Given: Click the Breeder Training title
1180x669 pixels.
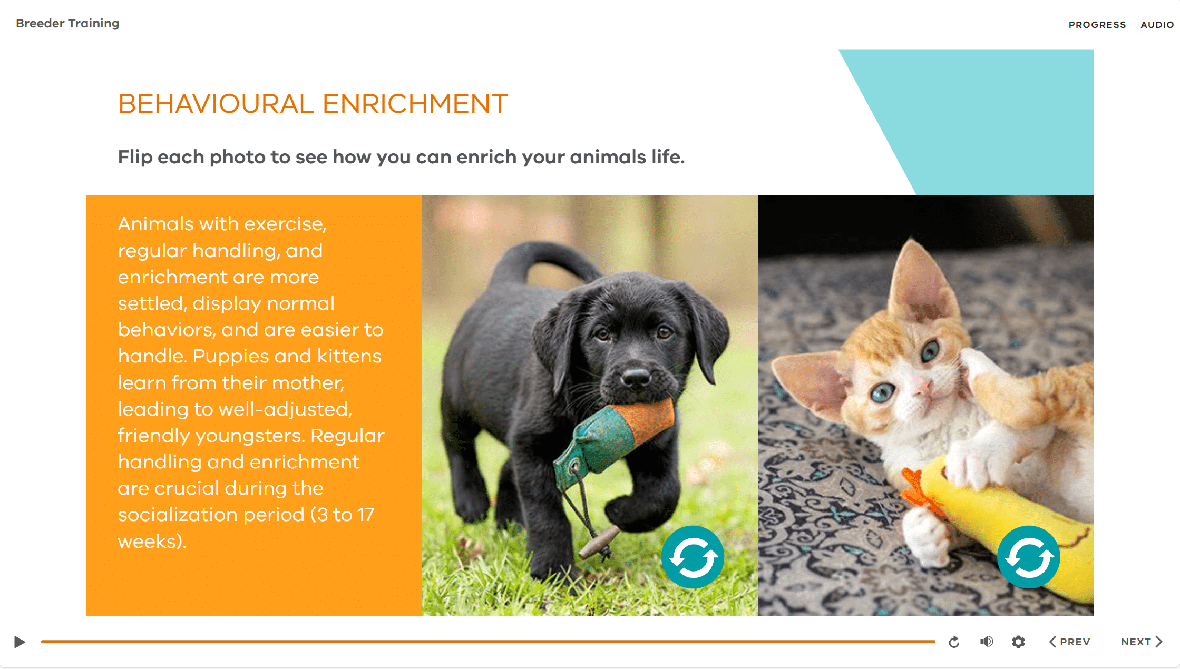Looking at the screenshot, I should click(67, 23).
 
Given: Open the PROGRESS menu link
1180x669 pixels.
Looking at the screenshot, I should click(1097, 25).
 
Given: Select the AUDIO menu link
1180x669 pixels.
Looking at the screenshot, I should click(1157, 25).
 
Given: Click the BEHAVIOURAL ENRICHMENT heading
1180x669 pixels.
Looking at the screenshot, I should click(313, 103).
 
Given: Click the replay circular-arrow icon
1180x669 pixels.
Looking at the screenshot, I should click(954, 642).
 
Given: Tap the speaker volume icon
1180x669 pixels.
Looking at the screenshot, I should click(987, 642).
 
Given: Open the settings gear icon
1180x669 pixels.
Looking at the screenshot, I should click(1018, 642).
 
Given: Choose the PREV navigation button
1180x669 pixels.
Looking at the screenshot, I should click(1069, 642).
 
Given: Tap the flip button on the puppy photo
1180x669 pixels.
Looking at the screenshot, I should click(693, 557).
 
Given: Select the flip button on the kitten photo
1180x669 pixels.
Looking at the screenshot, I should click(1028, 557).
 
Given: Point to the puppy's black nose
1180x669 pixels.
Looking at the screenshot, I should click(636, 377).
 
